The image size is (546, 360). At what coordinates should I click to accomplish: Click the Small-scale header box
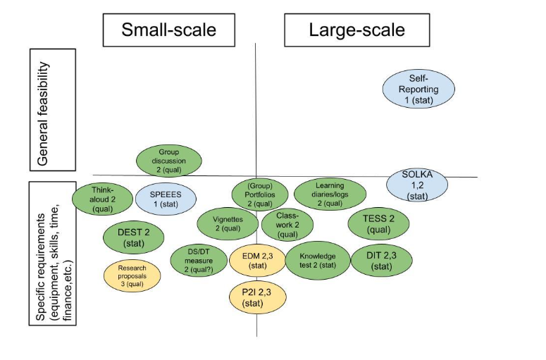coord(168,30)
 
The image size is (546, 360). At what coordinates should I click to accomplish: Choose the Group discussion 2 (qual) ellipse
coord(168,161)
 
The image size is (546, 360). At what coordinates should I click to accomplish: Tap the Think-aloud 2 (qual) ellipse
coord(102,199)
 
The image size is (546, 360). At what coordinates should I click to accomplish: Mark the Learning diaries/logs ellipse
coord(330,194)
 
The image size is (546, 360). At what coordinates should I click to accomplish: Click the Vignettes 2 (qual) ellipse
coord(227,223)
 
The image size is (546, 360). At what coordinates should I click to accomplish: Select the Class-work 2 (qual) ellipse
coord(287,225)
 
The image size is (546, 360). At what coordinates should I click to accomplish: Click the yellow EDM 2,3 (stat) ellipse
coord(258,261)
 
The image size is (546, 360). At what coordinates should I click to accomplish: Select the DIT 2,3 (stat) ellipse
coord(380,261)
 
